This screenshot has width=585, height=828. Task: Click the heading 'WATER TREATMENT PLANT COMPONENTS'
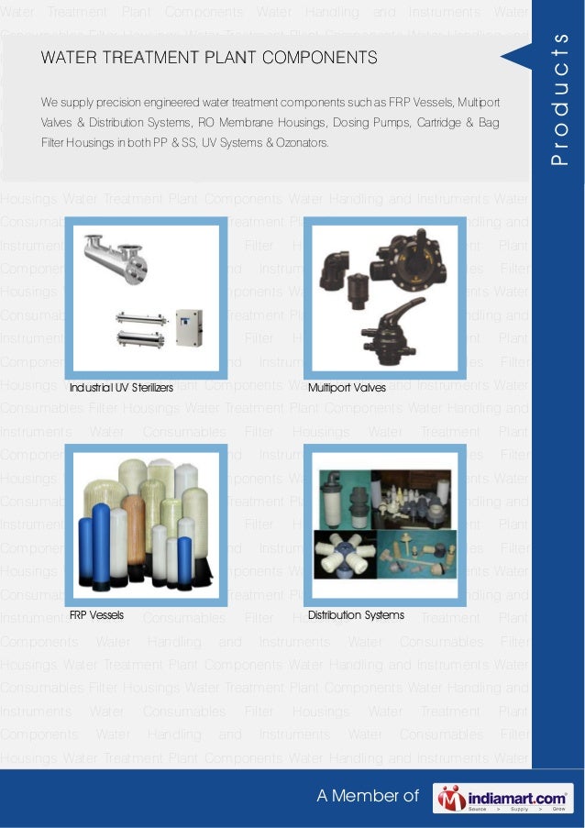click(x=209, y=58)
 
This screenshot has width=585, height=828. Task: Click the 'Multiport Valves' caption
click(x=347, y=387)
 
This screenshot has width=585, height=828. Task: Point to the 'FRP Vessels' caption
click(x=96, y=614)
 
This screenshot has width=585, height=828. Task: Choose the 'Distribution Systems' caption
click(x=356, y=614)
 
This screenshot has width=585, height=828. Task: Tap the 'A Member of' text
click(x=367, y=797)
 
